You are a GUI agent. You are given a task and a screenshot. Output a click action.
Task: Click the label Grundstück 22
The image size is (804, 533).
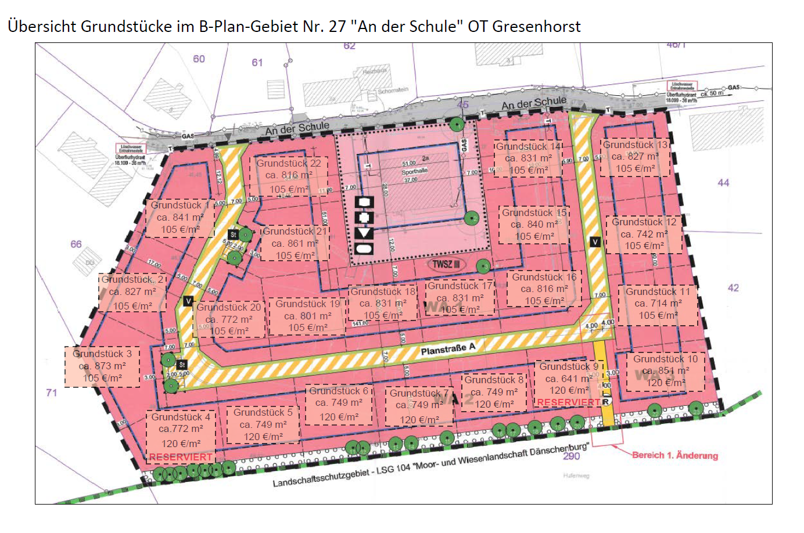(x=289, y=163)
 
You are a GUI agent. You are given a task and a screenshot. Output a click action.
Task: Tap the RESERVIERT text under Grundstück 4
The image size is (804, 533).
(x=181, y=457)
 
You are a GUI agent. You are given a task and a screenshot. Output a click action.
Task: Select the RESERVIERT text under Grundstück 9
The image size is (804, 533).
(x=568, y=402)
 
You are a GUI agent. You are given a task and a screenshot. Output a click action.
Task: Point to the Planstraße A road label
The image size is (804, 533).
(x=448, y=349)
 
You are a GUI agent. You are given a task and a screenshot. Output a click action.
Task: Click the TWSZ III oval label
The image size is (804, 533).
(x=446, y=264)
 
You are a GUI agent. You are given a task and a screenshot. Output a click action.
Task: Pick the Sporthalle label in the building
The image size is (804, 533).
(x=414, y=172)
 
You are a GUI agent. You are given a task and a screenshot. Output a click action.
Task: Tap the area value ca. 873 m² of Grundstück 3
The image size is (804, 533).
(x=102, y=366)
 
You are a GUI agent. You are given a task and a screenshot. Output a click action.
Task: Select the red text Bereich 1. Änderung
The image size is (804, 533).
(x=675, y=455)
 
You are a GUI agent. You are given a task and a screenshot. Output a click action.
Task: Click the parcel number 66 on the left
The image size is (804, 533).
(x=76, y=244)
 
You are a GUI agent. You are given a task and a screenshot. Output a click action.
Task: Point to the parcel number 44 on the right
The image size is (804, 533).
(x=723, y=183)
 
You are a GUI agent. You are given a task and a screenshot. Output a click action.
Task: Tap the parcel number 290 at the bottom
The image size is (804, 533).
(x=571, y=456)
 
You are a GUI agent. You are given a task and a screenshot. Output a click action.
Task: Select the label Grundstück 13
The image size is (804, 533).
(x=636, y=145)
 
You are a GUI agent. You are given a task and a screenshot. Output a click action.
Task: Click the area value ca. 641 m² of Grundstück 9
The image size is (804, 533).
(x=569, y=379)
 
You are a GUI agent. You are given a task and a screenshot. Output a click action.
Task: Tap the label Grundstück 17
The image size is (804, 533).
(x=460, y=286)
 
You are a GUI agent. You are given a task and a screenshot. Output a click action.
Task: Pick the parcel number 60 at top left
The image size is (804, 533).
(x=199, y=59)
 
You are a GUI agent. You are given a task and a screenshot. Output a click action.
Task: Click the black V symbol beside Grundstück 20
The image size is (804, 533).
(x=188, y=301)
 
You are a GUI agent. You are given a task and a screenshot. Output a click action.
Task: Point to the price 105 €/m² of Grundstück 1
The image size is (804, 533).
(x=180, y=229)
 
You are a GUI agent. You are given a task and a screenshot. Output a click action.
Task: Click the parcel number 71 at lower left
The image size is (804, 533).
(x=52, y=392)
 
